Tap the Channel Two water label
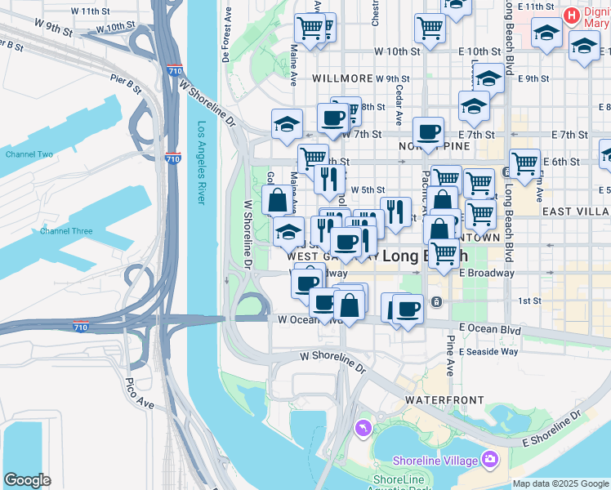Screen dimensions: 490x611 coord(29,154)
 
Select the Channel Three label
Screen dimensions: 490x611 coord(66,231)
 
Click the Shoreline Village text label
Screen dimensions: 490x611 coord(435,461)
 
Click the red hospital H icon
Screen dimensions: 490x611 coord(573,15)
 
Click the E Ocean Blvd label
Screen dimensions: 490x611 coord(489,329)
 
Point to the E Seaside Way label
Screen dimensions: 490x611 coord(488,352)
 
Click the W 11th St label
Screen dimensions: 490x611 coord(90,11)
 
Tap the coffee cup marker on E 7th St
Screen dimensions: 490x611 coord(428,132)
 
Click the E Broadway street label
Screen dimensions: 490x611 coord(487,274)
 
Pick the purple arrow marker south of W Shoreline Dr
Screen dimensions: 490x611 coord(363,427)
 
